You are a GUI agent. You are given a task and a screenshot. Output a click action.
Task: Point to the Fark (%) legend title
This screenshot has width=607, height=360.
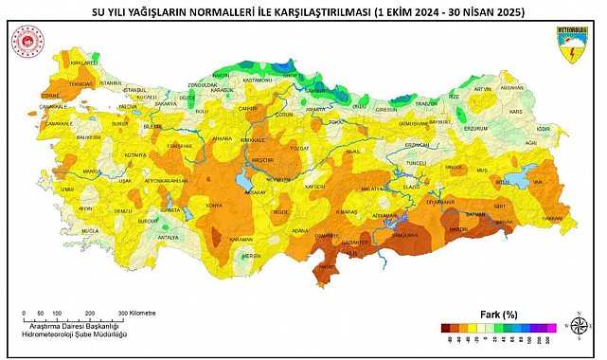(495, 314)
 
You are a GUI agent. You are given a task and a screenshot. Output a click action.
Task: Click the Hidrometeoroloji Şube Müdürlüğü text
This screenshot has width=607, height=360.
(75, 334)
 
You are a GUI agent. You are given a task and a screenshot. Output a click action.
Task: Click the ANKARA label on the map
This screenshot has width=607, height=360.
(223, 139)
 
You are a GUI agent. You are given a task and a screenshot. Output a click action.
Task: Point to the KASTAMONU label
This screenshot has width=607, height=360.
(256, 81)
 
